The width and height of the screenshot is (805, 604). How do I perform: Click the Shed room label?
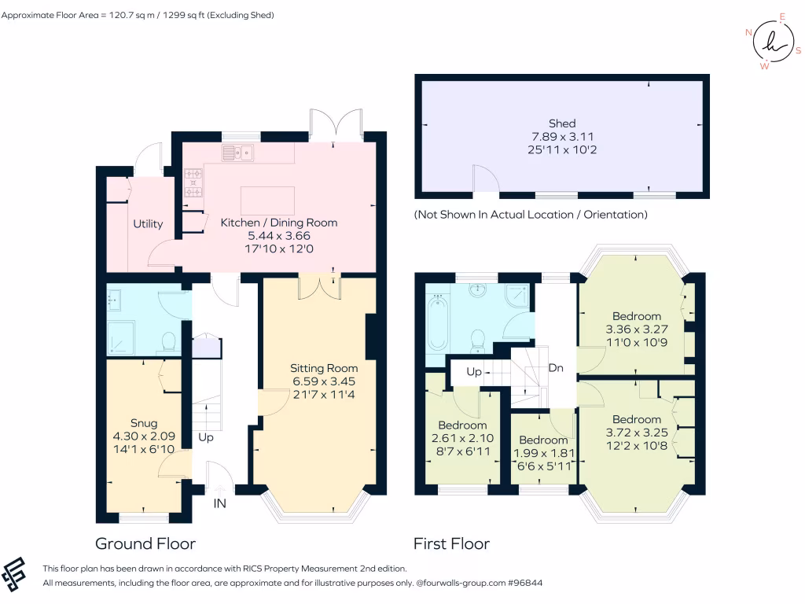(x=562, y=123)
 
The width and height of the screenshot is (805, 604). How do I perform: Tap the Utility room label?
(x=148, y=224)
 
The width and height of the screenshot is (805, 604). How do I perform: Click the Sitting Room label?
(x=324, y=368)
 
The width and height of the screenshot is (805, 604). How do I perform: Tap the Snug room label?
(x=143, y=423)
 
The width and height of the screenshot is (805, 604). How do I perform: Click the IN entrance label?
(x=220, y=503)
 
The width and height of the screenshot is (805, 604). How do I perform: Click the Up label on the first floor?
(x=474, y=372)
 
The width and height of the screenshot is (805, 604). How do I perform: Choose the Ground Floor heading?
(x=145, y=543)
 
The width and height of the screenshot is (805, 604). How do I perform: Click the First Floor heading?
(x=451, y=543)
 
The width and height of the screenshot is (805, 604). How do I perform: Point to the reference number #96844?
(x=524, y=584)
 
